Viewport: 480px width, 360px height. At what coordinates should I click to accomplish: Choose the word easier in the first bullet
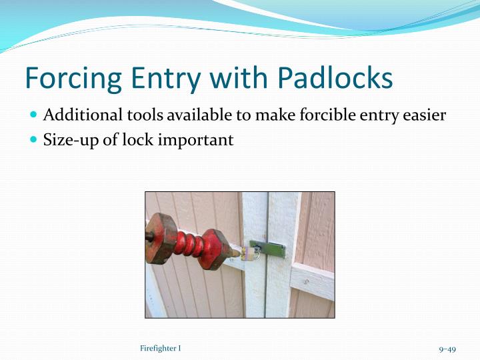(x=423, y=115)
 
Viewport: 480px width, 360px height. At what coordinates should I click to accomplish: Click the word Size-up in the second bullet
(x=67, y=140)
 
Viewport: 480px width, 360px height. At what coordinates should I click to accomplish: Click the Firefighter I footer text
(x=161, y=349)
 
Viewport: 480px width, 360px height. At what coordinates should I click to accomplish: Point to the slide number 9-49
(x=447, y=349)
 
